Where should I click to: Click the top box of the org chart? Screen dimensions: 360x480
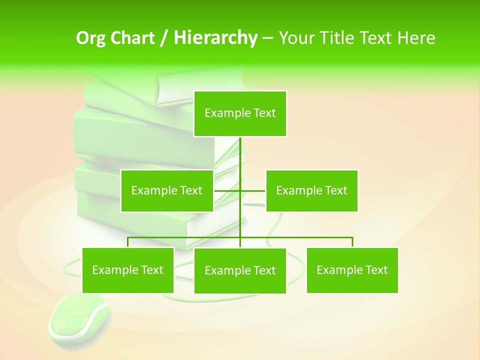coord(240,113)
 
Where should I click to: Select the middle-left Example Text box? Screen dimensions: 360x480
coord(166,190)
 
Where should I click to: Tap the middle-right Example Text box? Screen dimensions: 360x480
coord(311,190)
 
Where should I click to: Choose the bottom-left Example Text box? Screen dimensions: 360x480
coord(127,270)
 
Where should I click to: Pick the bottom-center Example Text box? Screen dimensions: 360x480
coord(240,270)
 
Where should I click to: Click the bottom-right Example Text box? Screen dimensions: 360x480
coord(352,270)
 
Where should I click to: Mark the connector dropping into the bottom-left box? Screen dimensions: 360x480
coord(127,242)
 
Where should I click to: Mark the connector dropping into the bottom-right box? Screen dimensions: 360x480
coord(352,242)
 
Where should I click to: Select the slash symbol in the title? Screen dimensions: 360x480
coord(163,38)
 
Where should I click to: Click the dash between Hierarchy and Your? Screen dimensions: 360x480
coord(267,38)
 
